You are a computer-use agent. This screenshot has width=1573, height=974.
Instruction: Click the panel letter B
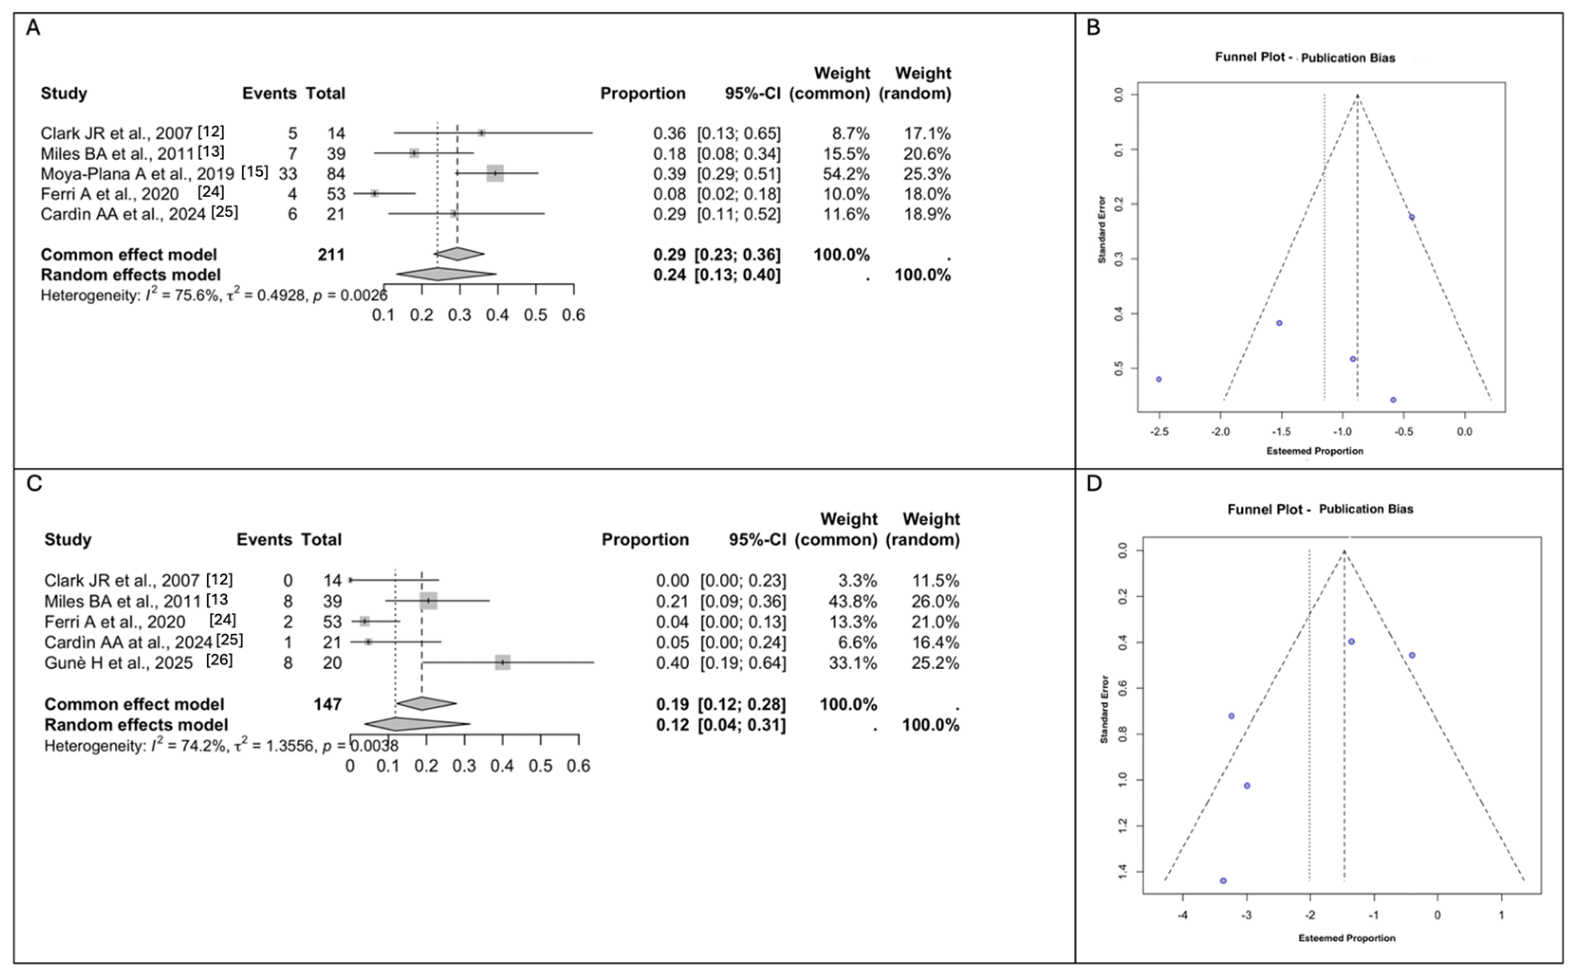tap(1093, 28)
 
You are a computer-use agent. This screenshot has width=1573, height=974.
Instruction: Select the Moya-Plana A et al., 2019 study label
tap(137, 174)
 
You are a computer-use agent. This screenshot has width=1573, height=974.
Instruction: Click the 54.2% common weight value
tap(846, 174)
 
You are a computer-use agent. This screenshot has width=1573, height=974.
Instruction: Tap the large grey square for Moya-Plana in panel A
tap(495, 173)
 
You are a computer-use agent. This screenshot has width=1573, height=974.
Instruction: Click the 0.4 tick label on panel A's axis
tap(497, 315)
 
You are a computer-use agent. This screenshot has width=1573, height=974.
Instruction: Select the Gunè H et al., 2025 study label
tap(119, 663)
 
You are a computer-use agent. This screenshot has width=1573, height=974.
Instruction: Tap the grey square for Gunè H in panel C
tap(503, 662)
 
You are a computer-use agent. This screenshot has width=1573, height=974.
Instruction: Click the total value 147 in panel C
tap(327, 704)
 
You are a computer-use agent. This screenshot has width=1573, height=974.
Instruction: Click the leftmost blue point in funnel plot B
tap(1159, 380)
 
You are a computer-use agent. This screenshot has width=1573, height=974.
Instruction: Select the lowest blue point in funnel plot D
tap(1223, 881)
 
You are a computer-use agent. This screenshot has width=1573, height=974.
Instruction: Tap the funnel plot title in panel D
tap(1320, 509)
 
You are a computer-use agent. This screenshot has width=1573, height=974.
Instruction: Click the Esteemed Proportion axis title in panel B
tap(1315, 451)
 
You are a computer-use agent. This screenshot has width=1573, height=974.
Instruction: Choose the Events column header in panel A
tap(269, 93)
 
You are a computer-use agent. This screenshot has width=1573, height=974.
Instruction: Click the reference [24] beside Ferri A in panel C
tap(222, 619)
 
